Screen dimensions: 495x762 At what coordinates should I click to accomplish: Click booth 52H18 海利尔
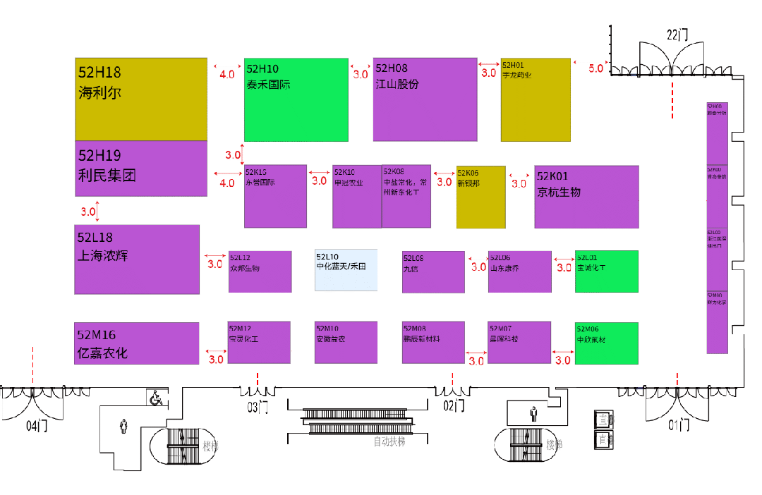point(141,99)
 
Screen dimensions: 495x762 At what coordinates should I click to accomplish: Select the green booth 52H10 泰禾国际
point(296,99)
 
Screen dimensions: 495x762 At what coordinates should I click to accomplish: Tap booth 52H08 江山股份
point(425,99)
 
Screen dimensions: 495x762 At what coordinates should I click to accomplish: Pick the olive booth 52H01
point(536,99)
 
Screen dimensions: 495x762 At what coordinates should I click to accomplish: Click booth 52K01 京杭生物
point(586,197)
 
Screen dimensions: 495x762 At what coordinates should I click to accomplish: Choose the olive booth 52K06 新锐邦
point(480,197)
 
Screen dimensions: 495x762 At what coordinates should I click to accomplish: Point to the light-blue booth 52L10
point(346,269)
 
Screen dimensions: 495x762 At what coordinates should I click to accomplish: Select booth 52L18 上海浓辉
point(137,259)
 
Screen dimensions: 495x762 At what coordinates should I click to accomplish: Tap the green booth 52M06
point(606,343)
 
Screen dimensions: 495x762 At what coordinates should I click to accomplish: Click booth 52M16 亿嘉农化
point(137,343)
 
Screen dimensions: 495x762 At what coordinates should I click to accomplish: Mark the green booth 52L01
point(606,271)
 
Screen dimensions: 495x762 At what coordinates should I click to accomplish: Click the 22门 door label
point(677,34)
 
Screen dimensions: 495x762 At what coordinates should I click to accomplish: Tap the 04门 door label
point(36,426)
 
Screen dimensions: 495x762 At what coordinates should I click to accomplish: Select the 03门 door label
point(258,407)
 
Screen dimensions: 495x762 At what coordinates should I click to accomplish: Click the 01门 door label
point(678,424)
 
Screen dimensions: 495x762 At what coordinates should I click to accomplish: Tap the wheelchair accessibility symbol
point(156,398)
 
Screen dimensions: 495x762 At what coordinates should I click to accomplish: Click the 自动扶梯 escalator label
point(389,442)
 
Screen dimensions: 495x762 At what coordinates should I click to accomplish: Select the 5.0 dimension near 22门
point(595,68)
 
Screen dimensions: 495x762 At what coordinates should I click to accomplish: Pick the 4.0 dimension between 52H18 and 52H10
point(227,74)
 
